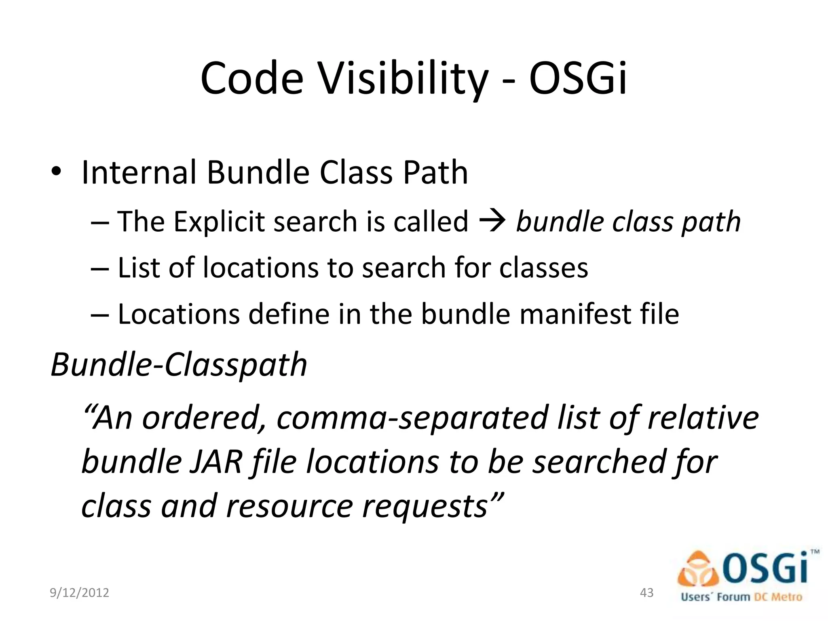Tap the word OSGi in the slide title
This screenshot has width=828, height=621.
pyautogui.click(x=578, y=79)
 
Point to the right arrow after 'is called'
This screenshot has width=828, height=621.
pyautogui.click(x=492, y=221)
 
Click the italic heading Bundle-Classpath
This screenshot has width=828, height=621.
pyautogui.click(x=179, y=364)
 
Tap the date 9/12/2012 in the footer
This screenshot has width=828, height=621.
pyautogui.click(x=79, y=593)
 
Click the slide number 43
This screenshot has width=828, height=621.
pyautogui.click(x=647, y=593)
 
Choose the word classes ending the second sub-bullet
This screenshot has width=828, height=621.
pyautogui.click(x=543, y=268)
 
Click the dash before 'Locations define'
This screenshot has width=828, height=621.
pyautogui.click(x=100, y=315)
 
